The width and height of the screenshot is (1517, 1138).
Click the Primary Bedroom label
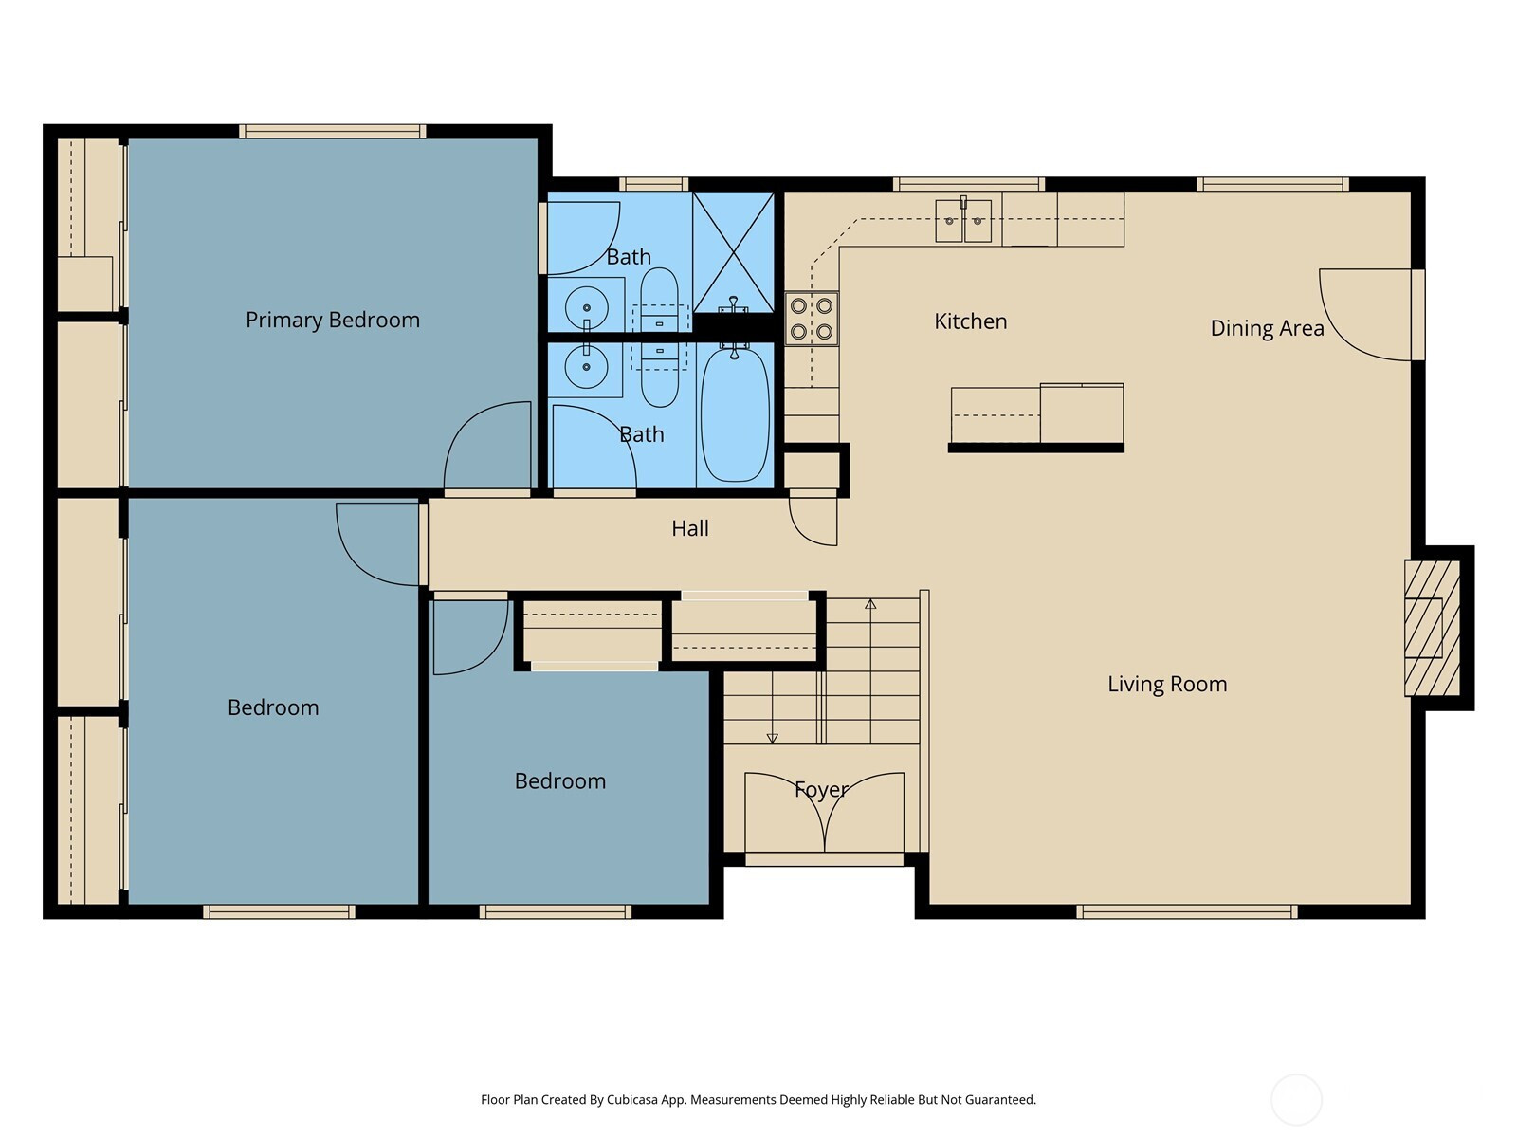click(333, 320)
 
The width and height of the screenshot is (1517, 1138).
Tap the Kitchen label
click(970, 321)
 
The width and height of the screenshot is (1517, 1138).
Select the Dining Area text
click(1267, 328)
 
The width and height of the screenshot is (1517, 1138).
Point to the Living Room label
click(1167, 684)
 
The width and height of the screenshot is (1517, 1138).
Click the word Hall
click(689, 528)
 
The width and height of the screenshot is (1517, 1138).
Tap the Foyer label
click(821, 790)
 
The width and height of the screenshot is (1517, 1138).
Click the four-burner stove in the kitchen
click(812, 319)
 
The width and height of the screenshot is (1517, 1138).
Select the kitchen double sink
click(963, 220)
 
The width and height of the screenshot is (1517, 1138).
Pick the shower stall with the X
click(733, 252)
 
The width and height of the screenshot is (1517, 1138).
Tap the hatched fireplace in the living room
click(1432, 628)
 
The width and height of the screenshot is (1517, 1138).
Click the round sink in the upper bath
click(587, 306)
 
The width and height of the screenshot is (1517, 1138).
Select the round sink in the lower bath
click(587, 367)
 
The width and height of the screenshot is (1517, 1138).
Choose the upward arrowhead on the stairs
click(870, 605)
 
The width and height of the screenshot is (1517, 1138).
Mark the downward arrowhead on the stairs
click(773, 739)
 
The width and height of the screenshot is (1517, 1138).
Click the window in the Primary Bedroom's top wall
click(333, 131)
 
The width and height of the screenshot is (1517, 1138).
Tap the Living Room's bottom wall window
click(1187, 912)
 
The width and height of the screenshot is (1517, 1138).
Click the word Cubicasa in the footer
click(632, 1100)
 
